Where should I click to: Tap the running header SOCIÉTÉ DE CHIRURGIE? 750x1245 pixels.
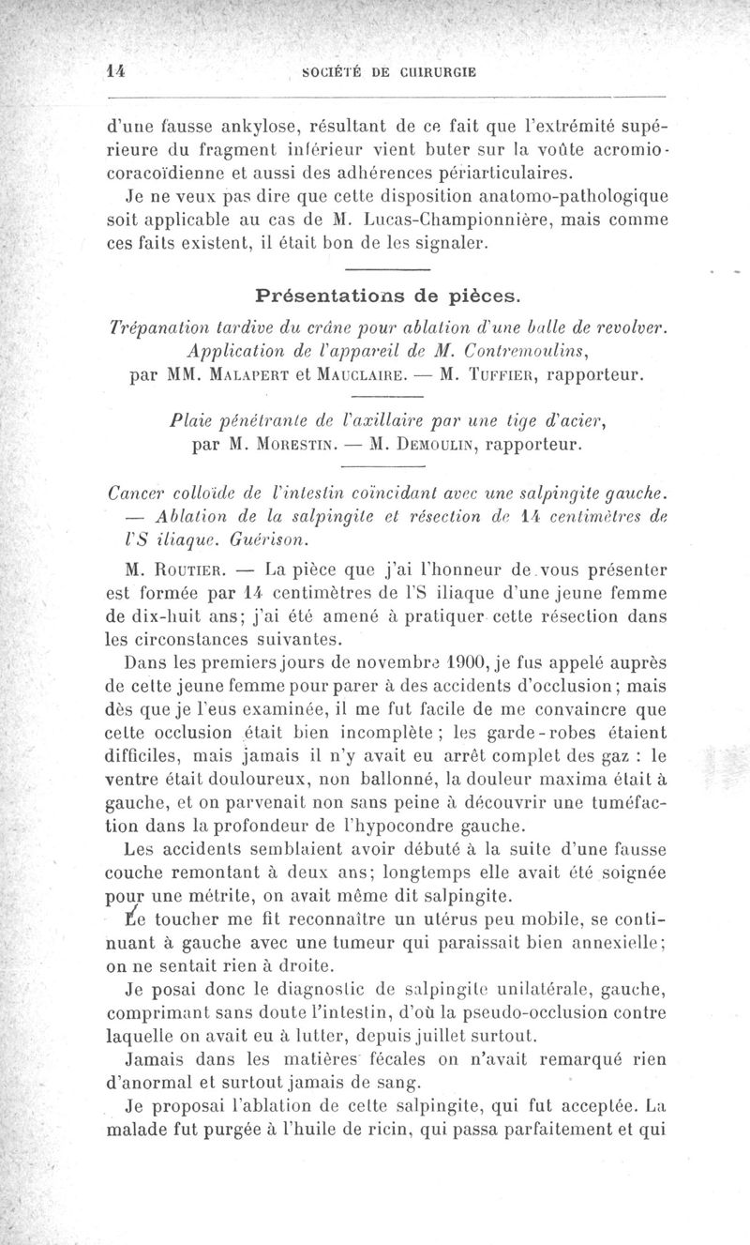(395, 70)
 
